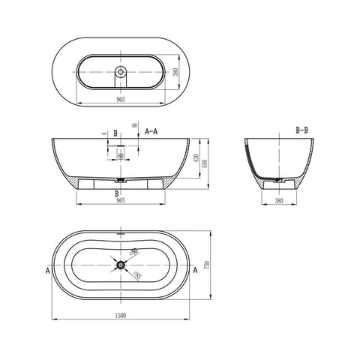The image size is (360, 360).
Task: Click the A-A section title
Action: (151, 130)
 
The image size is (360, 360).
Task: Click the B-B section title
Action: (303, 130)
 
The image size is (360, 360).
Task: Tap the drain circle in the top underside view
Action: (120, 73)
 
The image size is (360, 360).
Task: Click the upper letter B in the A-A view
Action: (116, 132)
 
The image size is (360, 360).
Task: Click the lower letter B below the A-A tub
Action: (116, 193)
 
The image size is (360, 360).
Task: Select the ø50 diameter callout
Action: (133, 252)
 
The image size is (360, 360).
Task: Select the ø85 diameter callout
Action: (137, 276)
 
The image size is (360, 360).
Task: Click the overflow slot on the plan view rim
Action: (121, 233)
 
